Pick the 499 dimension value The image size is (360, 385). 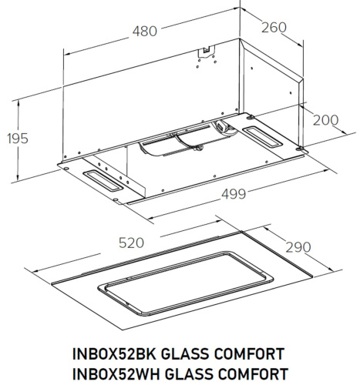(236, 196)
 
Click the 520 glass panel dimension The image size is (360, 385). (133, 243)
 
